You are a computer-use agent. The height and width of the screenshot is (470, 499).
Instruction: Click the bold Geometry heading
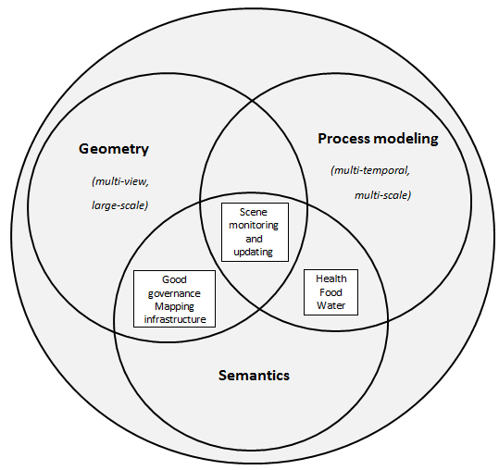point(114,149)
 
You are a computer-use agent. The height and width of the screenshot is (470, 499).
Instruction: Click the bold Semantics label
point(254,376)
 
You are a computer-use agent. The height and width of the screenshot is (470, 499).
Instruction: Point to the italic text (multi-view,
point(120,181)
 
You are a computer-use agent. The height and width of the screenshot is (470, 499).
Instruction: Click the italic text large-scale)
point(120,205)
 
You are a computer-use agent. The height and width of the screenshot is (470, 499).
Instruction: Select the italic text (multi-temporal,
point(370,171)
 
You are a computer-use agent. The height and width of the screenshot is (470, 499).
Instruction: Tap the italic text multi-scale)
point(383,195)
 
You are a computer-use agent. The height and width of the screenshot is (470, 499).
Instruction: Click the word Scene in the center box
point(254,212)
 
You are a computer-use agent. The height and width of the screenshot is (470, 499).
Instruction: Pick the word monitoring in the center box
point(254,226)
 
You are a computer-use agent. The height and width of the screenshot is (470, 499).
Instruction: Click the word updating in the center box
point(254,253)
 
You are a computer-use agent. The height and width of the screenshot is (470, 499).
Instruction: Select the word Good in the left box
point(174,279)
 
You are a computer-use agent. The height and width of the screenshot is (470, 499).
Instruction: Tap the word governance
point(174,293)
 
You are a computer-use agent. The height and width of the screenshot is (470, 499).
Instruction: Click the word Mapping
point(174,307)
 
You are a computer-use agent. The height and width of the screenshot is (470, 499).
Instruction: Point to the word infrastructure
point(175,319)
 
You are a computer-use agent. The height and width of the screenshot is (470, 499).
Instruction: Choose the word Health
point(331,278)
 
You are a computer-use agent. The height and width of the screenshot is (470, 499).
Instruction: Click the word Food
point(331,292)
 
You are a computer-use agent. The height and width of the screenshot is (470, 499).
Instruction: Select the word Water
point(331,305)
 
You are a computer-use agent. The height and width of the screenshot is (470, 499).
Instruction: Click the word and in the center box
point(254,239)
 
